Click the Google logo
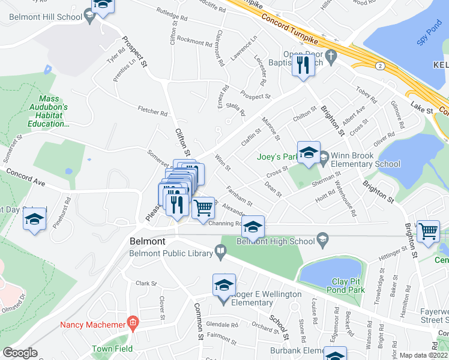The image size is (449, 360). click(20, 353)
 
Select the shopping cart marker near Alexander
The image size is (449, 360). click(203, 208)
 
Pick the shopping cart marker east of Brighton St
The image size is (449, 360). click(428, 230)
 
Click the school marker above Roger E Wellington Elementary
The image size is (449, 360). click(224, 285)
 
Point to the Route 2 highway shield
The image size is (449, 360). click(380, 65)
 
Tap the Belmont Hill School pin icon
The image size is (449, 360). click(89, 17)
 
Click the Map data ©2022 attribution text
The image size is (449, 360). click(424, 355)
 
